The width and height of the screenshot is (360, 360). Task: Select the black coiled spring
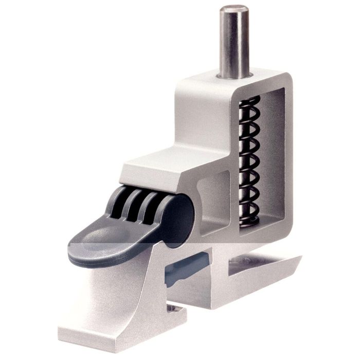pos(250,159)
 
